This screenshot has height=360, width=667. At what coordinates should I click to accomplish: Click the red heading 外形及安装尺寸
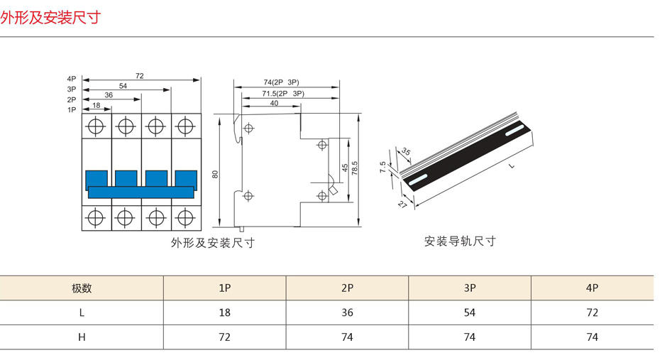(50, 17)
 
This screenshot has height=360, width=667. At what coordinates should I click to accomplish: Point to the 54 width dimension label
(123, 85)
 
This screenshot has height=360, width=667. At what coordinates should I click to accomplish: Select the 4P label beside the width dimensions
(72, 79)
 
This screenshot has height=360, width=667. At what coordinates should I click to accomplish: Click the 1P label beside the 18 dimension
(72, 110)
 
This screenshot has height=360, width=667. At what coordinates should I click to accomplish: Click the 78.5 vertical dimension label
(354, 168)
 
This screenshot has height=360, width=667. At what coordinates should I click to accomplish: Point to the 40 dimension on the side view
(275, 104)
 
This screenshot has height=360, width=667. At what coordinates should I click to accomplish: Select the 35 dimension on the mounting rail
(406, 151)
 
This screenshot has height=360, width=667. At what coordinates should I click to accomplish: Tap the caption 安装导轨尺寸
(460, 241)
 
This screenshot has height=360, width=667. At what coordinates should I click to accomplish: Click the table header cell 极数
(82, 288)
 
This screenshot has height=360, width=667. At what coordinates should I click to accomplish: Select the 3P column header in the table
(470, 288)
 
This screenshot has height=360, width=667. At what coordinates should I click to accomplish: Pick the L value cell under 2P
(347, 312)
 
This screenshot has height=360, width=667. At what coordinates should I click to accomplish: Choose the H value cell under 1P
(224, 337)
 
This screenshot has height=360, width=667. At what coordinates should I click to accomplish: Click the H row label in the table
(82, 337)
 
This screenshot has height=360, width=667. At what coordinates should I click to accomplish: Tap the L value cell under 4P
(592, 312)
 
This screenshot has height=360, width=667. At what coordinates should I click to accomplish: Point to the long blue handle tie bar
(141, 191)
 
